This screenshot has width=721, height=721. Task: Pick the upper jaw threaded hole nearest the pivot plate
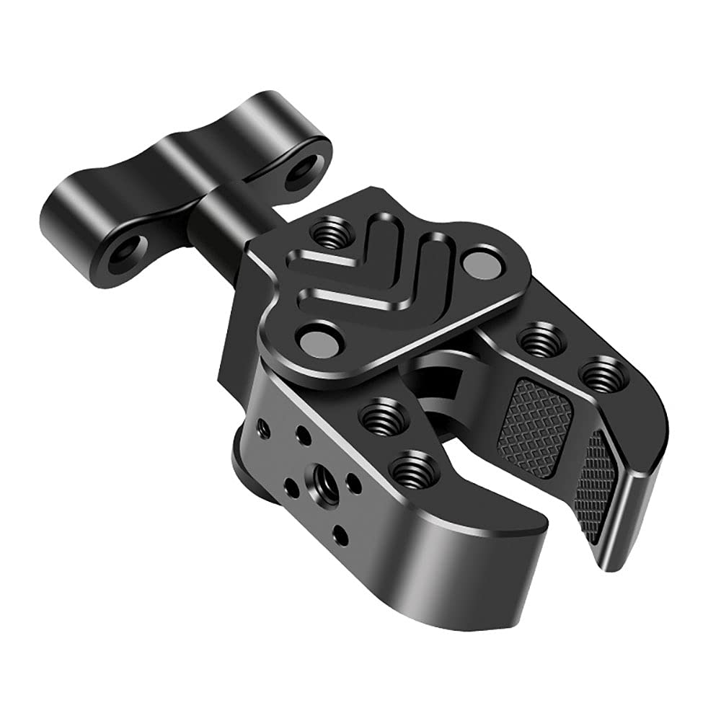click(541, 340)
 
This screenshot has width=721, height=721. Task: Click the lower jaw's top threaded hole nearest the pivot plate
click(379, 415)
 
